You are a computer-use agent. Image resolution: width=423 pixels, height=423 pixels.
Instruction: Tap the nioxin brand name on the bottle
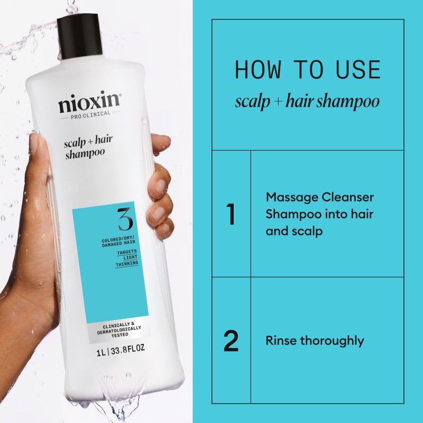click(89, 103)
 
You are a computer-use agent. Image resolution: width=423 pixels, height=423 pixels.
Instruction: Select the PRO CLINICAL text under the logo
click(90, 114)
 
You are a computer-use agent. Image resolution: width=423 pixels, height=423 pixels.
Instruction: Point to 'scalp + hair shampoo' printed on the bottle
click(84, 146)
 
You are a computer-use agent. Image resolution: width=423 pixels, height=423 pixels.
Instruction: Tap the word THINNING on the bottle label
click(127, 262)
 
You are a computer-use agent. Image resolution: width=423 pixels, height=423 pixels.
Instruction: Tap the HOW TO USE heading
click(307, 70)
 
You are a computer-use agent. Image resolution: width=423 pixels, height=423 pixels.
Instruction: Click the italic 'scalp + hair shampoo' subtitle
click(307, 102)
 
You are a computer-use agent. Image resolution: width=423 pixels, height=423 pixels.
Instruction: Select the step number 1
click(231, 214)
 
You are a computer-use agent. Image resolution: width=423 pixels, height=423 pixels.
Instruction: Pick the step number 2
click(231, 341)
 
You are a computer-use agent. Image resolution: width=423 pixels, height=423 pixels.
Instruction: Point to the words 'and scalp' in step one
click(294, 232)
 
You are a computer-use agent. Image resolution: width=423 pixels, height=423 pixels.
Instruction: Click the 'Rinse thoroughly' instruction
click(315, 341)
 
